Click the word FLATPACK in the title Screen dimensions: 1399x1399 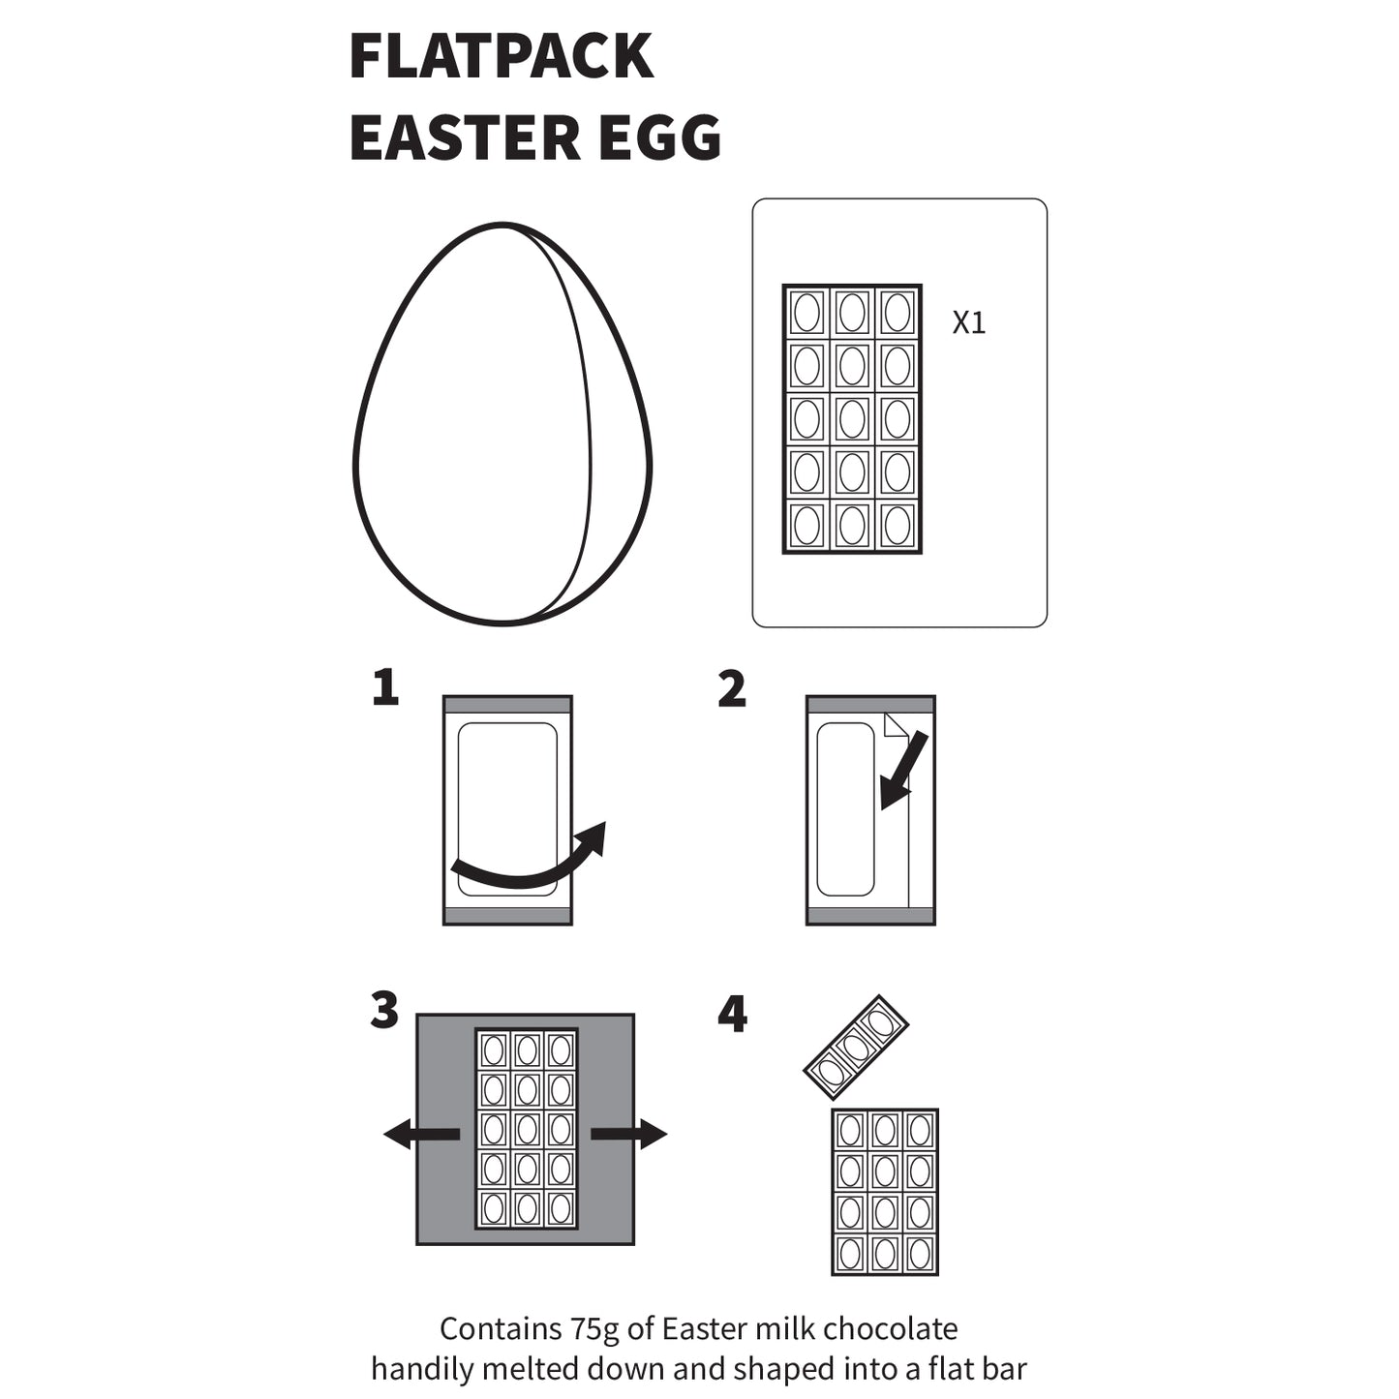(501, 56)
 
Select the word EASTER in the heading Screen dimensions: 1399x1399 (466, 137)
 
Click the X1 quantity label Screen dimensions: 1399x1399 (968, 323)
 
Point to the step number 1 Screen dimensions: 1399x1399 (385, 688)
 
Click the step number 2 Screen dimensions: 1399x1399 (732, 688)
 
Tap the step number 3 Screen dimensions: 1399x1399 (384, 1011)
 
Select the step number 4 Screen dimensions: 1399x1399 (732, 1015)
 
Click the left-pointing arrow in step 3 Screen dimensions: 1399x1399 (422, 1134)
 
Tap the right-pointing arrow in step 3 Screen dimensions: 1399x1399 (628, 1134)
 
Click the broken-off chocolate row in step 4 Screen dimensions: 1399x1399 (856, 1048)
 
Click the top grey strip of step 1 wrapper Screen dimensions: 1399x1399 (507, 705)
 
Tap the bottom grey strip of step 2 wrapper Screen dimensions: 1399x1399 (870, 916)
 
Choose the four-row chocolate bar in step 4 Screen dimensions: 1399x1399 (885, 1192)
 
